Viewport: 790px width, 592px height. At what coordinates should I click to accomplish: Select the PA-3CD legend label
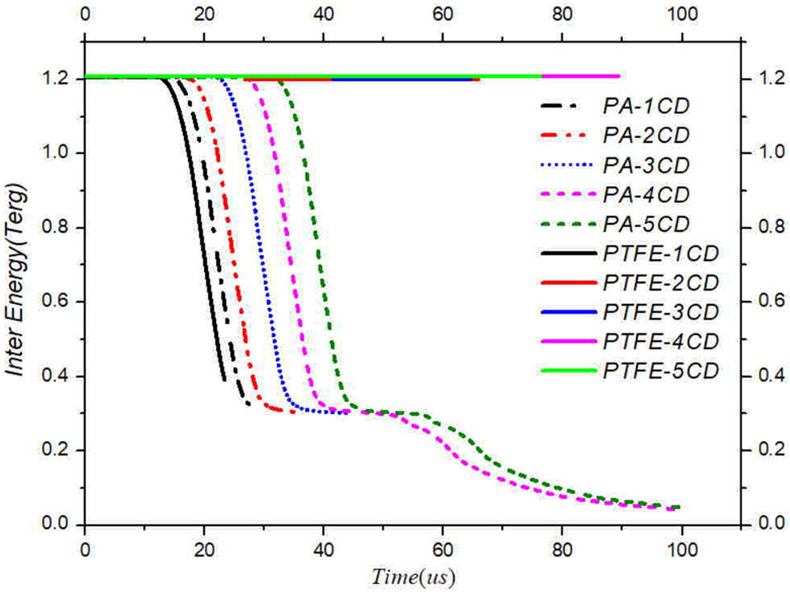click(x=647, y=165)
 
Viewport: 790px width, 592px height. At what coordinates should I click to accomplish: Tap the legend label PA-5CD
click(x=647, y=224)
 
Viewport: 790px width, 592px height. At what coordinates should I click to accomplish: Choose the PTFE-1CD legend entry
click(x=660, y=254)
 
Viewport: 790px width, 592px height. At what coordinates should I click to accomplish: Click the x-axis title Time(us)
click(x=413, y=577)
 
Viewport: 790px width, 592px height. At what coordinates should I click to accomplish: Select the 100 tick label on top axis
click(x=681, y=14)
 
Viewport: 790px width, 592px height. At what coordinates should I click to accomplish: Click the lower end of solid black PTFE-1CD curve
click(x=224, y=379)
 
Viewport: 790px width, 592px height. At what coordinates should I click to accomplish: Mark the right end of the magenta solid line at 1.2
click(x=619, y=77)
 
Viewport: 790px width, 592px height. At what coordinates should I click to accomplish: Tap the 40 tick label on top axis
click(x=323, y=14)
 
